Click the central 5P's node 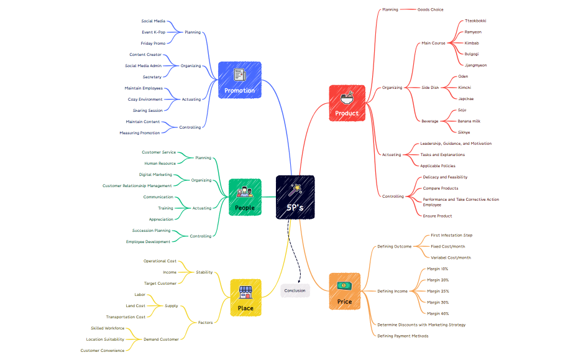tap(295, 197)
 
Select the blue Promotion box tap(239, 80)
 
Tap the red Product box tap(347, 103)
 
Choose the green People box tap(245, 197)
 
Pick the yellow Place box tap(245, 298)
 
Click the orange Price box tap(344, 292)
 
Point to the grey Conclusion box tap(295, 290)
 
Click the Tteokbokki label tap(475, 21)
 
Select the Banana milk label tap(469, 121)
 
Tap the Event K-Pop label tap(153, 32)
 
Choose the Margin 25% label tap(437, 291)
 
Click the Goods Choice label tap(430, 9)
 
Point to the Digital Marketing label tap(155, 175)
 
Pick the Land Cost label tap(135, 305)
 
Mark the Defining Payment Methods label tap(403, 336)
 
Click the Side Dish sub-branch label tap(430, 88)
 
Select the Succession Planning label tap(151, 231)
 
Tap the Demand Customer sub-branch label tap(161, 339)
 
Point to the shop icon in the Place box tap(245, 292)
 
